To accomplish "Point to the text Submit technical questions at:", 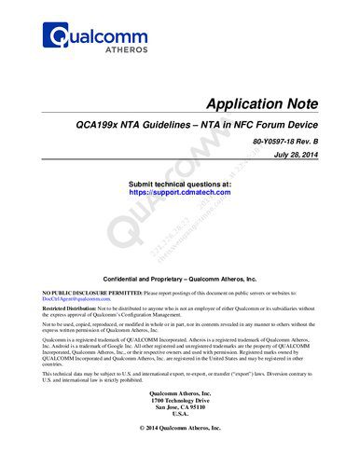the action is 178,185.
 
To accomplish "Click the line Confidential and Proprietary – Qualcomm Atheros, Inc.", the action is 179,279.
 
